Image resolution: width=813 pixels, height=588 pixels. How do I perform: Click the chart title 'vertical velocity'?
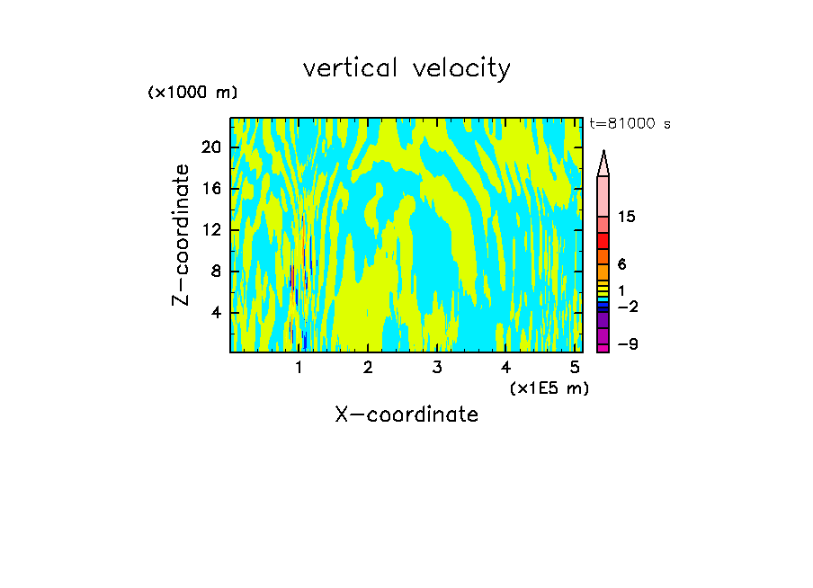[406, 68]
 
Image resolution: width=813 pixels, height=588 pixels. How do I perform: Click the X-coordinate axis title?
[406, 414]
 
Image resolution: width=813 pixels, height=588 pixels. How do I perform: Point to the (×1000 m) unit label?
[192, 93]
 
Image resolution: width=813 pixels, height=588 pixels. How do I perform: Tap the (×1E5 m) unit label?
[549, 388]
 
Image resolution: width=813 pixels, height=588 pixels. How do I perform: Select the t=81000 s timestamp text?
[630, 124]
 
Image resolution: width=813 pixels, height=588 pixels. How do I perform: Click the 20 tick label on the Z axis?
[210, 147]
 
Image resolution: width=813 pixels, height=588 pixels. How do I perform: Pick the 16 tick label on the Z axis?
[210, 189]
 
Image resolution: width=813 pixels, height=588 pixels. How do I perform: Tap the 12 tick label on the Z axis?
[210, 230]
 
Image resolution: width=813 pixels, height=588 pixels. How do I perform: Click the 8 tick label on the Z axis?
[215, 272]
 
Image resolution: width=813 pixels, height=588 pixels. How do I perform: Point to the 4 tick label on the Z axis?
[215, 313]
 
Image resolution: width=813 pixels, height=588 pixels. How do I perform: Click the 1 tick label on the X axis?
[299, 367]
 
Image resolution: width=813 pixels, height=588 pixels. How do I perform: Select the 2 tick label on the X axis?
[368, 367]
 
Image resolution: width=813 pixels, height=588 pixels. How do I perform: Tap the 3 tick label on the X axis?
[436, 367]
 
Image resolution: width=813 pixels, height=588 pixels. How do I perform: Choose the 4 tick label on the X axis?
[505, 367]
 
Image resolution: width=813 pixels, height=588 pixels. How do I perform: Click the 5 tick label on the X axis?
[574, 367]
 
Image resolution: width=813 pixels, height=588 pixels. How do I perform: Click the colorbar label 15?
[627, 217]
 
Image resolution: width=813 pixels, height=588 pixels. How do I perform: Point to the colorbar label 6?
[621, 264]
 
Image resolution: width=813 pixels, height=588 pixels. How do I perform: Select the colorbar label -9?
[627, 344]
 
